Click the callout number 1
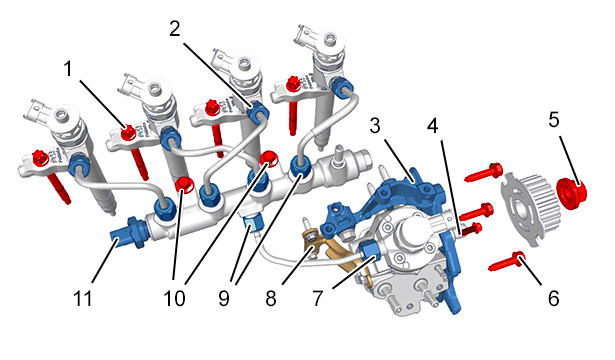[x=68, y=69]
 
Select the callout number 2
[x=175, y=29]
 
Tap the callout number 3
[x=375, y=125]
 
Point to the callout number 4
[x=432, y=125]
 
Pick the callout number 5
[x=553, y=119]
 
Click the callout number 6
[x=553, y=298]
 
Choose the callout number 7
[x=317, y=298]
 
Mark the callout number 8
[x=271, y=298]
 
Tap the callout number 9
[x=224, y=298]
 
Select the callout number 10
[x=174, y=298]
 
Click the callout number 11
[x=83, y=298]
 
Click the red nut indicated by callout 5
[x=572, y=194]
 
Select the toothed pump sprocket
[x=529, y=209]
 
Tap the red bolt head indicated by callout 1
[x=127, y=133]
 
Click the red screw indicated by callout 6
[x=506, y=262]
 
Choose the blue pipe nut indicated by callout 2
[x=258, y=112]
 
